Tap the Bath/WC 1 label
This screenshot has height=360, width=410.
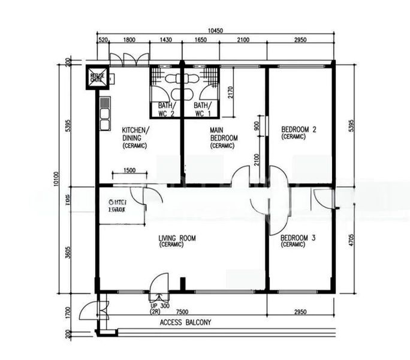coord(203,109)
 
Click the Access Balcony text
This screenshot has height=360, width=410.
coord(185,323)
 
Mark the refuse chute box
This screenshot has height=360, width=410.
coord(97,76)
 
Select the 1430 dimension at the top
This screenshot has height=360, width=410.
coord(165,40)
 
